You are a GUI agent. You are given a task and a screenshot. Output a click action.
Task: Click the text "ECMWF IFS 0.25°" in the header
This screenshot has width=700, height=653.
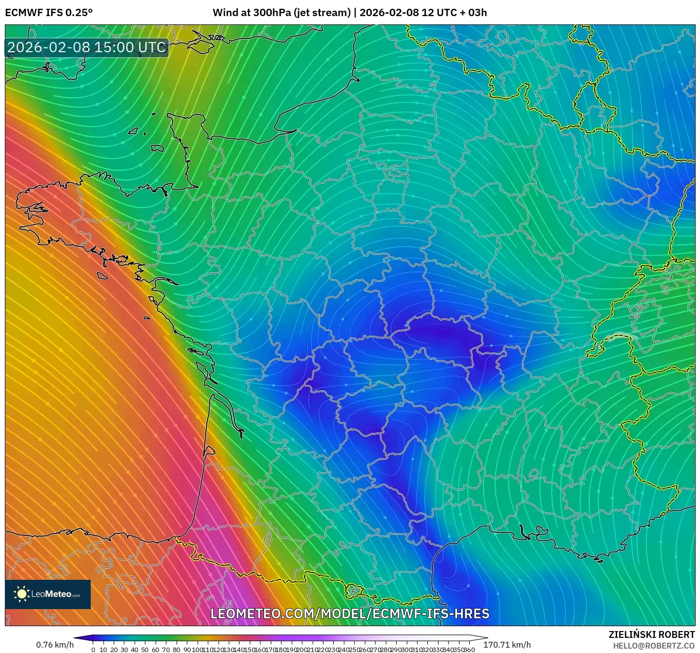(x=49, y=13)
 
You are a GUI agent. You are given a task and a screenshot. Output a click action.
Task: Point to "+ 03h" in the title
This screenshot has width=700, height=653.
(x=473, y=13)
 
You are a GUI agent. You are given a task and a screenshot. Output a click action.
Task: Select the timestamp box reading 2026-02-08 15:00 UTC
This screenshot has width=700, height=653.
(x=87, y=48)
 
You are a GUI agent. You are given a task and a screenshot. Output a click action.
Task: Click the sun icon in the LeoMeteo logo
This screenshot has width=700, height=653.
(x=21, y=594)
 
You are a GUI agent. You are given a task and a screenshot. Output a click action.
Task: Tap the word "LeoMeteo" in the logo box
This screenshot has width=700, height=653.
(x=51, y=594)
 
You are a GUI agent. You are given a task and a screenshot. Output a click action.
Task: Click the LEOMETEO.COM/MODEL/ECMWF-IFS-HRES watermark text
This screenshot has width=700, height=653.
(x=350, y=614)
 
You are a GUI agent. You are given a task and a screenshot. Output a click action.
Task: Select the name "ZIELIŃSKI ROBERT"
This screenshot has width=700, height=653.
(x=652, y=634)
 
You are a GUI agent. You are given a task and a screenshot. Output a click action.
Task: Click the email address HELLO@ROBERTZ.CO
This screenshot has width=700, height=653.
(x=654, y=646)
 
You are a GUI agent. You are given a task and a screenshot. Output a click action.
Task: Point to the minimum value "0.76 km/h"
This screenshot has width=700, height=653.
(x=55, y=645)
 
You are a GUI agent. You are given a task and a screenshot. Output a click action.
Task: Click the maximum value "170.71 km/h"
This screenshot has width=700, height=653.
(x=507, y=645)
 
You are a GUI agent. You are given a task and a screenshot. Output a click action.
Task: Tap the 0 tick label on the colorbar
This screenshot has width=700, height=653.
(x=93, y=650)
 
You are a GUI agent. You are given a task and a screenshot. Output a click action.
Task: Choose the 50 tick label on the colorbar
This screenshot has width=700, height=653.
(x=145, y=650)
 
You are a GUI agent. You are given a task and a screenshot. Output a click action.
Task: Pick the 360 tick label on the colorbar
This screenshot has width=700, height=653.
(x=469, y=650)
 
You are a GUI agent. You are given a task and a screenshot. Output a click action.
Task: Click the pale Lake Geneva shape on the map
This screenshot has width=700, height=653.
(x=623, y=336)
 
